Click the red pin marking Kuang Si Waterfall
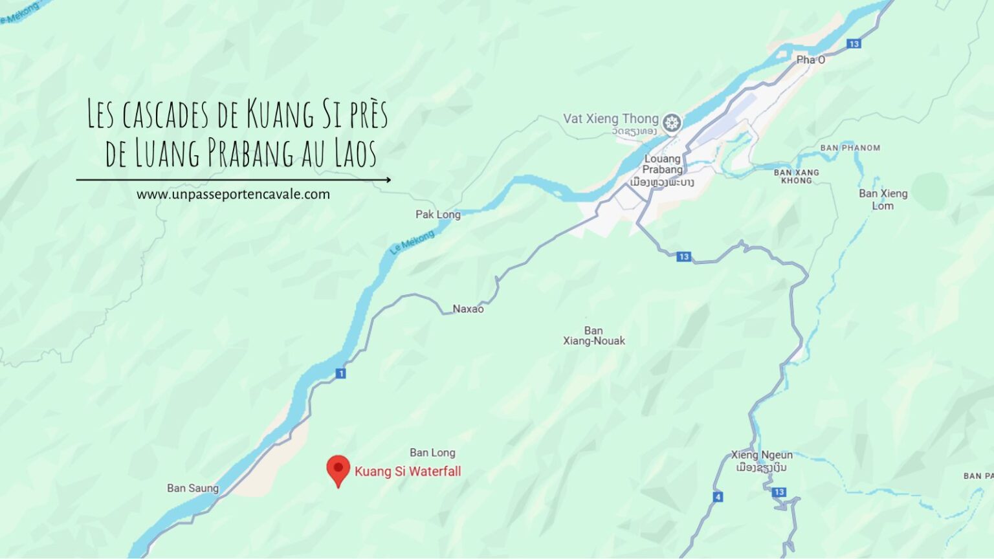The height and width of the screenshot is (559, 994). coord(338,469)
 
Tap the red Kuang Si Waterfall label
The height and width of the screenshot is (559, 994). coord(408,471)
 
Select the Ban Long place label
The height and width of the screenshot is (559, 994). coord(432,453)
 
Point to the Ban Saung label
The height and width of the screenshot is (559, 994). coord(193,488)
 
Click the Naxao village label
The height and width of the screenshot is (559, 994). coord(468,309)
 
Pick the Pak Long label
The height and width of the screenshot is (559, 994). coord(438,215)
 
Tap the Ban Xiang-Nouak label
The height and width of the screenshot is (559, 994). coord(594,336)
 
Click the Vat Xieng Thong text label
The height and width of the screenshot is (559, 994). coord(610,118)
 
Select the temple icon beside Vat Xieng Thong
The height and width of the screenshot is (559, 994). coord(672,122)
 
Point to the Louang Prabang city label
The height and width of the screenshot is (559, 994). coord(663,164)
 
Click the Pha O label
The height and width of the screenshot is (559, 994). coord(810,60)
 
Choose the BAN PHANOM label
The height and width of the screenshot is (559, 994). coord(850,148)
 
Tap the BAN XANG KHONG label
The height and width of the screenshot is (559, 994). coord(797,176)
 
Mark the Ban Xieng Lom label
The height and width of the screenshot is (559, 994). coord(883,199)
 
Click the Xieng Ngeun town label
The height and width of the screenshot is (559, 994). coord(762,455)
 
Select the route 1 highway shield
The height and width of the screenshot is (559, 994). coord(341,373)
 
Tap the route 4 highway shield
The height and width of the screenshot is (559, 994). coord(718,497)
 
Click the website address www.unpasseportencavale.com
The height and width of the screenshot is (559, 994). coord(233,194)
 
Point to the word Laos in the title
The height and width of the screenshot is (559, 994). coord(356,153)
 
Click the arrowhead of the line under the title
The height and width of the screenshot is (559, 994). coord(388,180)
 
